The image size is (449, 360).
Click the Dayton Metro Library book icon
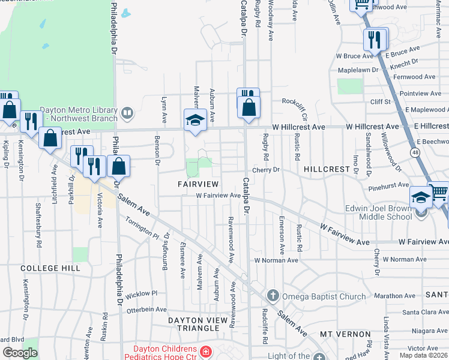click(x=127, y=112)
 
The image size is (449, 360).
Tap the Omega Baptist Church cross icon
click(x=273, y=296)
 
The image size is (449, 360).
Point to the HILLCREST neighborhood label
click(x=327, y=170)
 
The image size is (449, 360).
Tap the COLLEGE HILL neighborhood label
click(x=50, y=268)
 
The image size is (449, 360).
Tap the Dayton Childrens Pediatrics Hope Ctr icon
click(x=205, y=351)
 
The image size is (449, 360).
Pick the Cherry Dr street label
click(x=266, y=170)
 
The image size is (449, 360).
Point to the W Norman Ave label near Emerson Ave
click(x=276, y=260)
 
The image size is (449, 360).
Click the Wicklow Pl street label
click(x=141, y=294)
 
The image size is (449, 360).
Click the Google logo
click(x=20, y=353)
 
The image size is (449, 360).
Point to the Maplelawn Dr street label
click(x=358, y=70)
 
